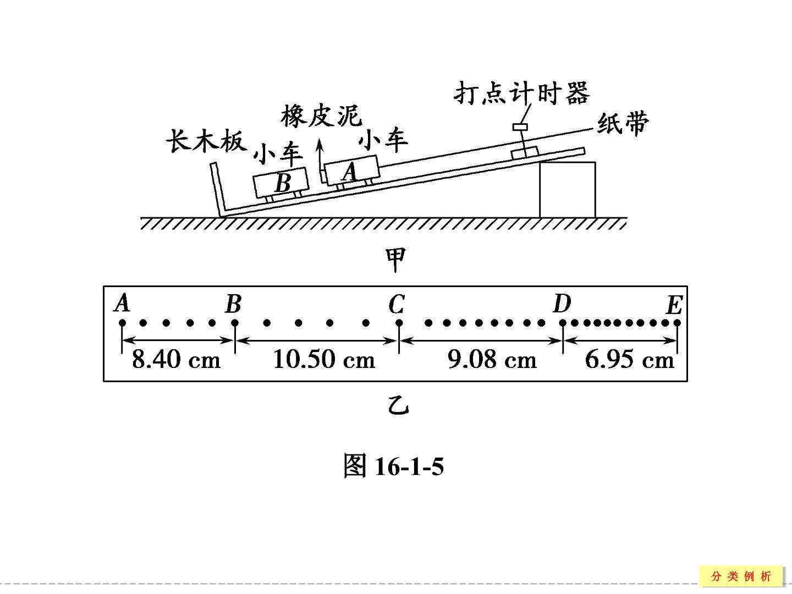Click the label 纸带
[x=623, y=124]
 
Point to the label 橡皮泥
[x=321, y=116]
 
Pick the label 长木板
[x=206, y=141]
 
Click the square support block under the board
[x=567, y=190]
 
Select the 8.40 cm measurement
[x=176, y=360]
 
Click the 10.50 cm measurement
[x=323, y=360]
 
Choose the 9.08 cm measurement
[x=492, y=360]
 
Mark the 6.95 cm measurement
[x=629, y=360]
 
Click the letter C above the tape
[x=397, y=304]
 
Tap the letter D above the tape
[x=562, y=303]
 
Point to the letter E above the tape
[x=674, y=305]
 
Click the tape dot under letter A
[x=122, y=322]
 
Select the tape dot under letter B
[x=235, y=322]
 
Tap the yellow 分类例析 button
[x=741, y=576]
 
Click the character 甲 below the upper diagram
[x=396, y=259]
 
